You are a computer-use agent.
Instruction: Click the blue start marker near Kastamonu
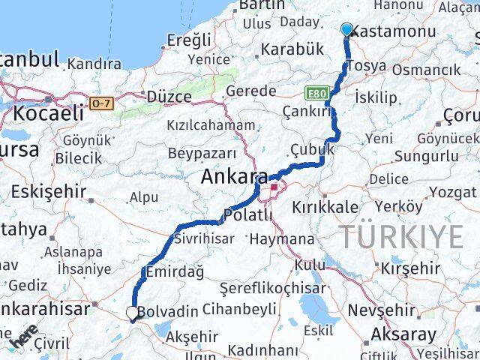click(346, 30)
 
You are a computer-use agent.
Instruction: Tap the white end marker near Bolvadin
click(132, 313)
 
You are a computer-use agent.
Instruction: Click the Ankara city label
click(234, 178)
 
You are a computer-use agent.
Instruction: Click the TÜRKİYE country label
click(403, 237)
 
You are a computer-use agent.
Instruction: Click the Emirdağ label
click(176, 272)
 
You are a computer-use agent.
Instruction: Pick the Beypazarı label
click(202, 154)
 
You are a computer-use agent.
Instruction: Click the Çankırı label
click(306, 110)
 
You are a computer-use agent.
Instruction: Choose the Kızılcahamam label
click(210, 125)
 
